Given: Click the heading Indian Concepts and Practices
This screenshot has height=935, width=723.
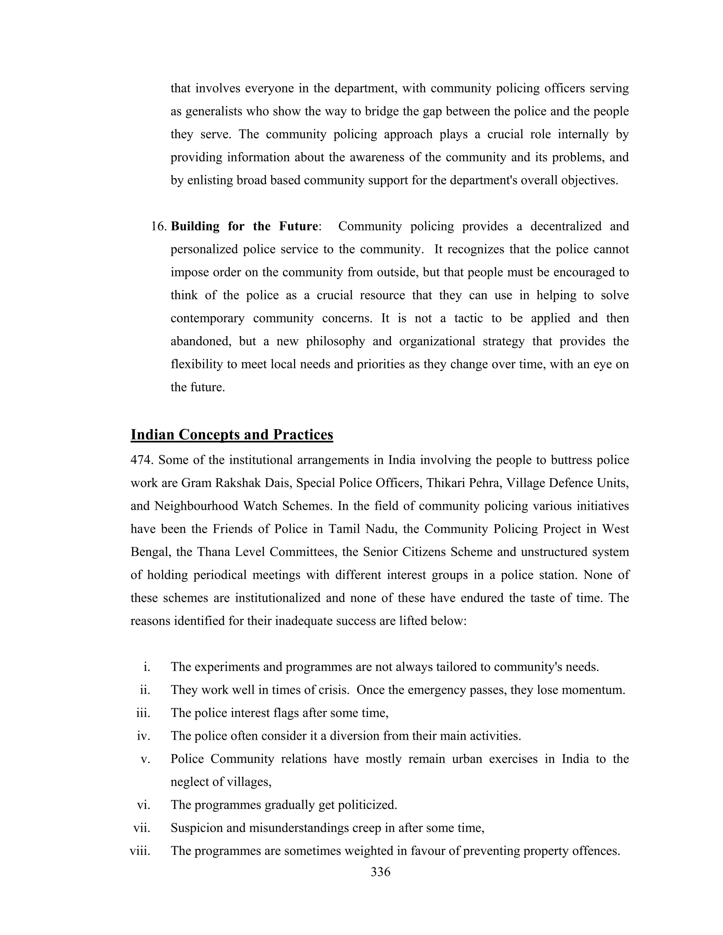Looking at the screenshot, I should [232, 435].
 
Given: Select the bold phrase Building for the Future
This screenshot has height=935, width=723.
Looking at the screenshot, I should [245, 226].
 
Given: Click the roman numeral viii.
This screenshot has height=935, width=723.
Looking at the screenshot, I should [140, 851].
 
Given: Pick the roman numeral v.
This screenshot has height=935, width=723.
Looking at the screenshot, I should [146, 759].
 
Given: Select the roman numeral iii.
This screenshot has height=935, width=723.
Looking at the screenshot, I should [143, 713].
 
